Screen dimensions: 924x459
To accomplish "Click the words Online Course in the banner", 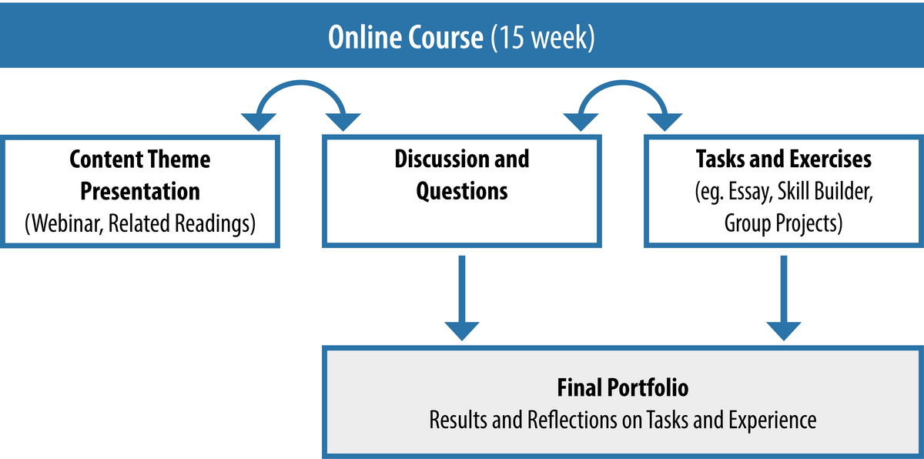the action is click(406, 37).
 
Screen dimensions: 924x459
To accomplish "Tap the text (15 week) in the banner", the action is click(543, 38).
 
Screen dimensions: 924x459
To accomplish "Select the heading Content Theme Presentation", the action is click(140, 175).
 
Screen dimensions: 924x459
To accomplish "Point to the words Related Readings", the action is click(182, 223).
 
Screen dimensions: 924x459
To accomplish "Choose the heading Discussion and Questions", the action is click(461, 175).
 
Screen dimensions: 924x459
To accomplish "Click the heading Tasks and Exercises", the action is click(784, 159).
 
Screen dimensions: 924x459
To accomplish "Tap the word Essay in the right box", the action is click(751, 193).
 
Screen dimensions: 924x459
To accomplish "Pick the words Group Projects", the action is click(783, 223).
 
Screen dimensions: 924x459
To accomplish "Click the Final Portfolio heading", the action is click(623, 387).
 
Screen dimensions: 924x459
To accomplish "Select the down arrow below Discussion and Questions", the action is click(462, 298).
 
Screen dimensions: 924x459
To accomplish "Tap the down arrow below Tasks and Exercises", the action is click(784, 298).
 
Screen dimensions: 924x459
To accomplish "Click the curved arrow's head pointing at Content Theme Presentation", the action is click(259, 122).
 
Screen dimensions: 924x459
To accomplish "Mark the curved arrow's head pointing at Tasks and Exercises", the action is click(665, 122).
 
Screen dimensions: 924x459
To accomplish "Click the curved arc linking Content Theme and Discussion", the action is click(301, 83).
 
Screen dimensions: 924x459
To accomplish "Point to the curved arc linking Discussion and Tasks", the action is click(623, 83).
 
